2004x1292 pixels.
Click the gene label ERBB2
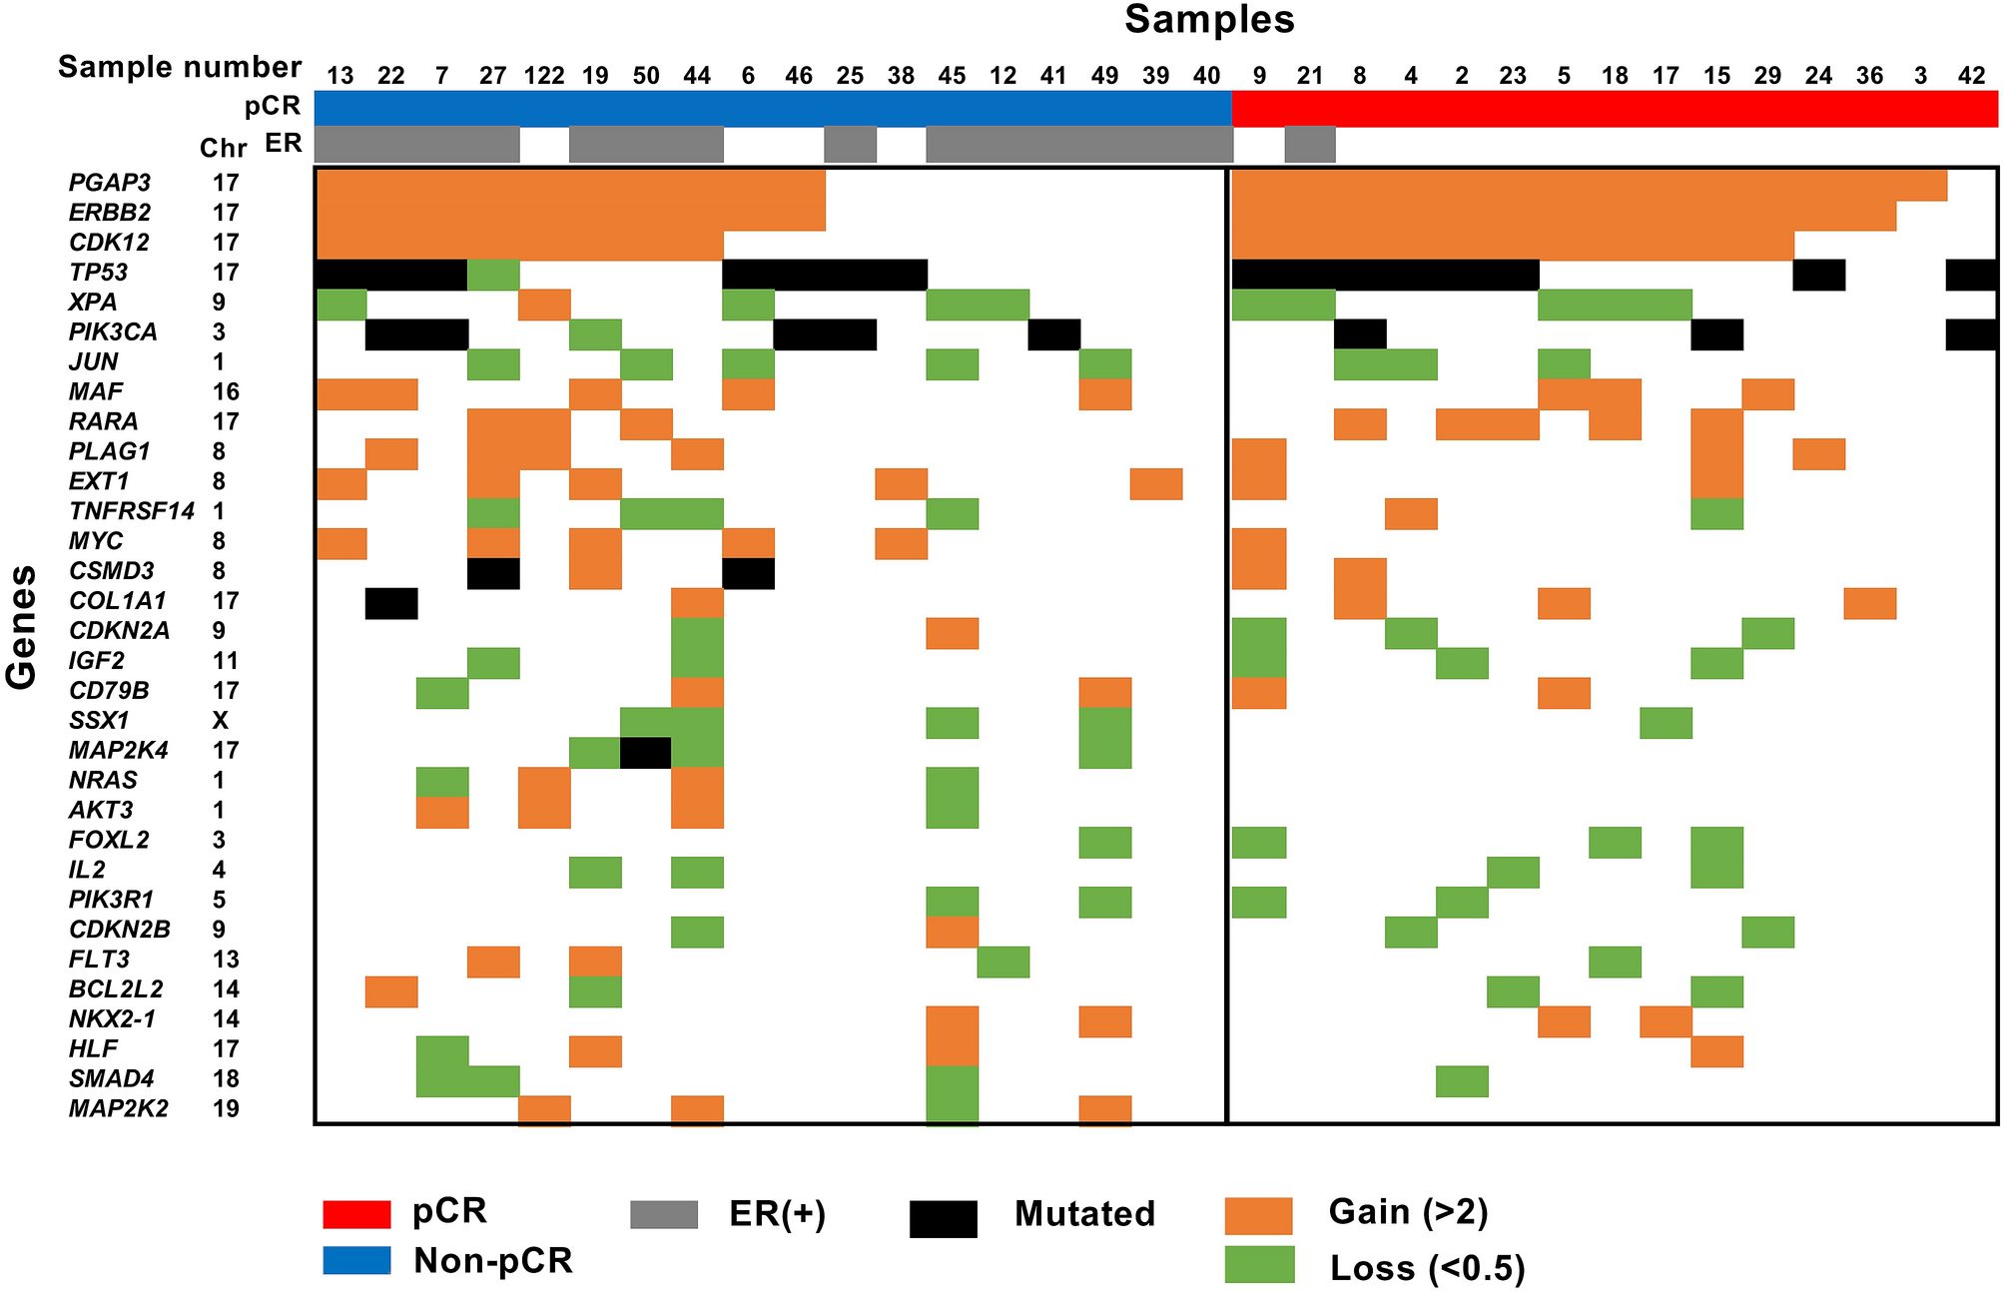coord(110,213)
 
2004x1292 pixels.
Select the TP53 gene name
coord(98,273)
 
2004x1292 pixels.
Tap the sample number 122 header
coord(544,76)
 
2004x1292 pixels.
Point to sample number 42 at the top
coord(1971,76)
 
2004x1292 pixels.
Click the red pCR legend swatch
coord(356,1214)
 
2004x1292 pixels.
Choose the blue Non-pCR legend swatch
coord(356,1260)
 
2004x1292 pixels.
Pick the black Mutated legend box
coord(943,1218)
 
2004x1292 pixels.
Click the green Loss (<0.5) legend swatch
coord(1260,1265)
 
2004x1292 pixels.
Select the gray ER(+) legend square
coord(664,1214)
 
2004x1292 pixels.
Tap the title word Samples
coord(1209,20)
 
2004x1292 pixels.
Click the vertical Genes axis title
coord(22,627)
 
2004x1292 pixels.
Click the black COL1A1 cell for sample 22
coord(391,603)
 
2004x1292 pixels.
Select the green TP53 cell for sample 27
coord(493,274)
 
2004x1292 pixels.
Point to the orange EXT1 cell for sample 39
coord(1156,483)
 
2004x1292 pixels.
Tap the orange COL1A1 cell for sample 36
coord(1869,603)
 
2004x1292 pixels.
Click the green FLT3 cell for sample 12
coord(1002,962)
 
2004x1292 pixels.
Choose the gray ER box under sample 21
coord(1309,144)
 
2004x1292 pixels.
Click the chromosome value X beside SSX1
coord(220,721)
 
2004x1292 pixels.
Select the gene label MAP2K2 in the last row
coord(118,1108)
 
